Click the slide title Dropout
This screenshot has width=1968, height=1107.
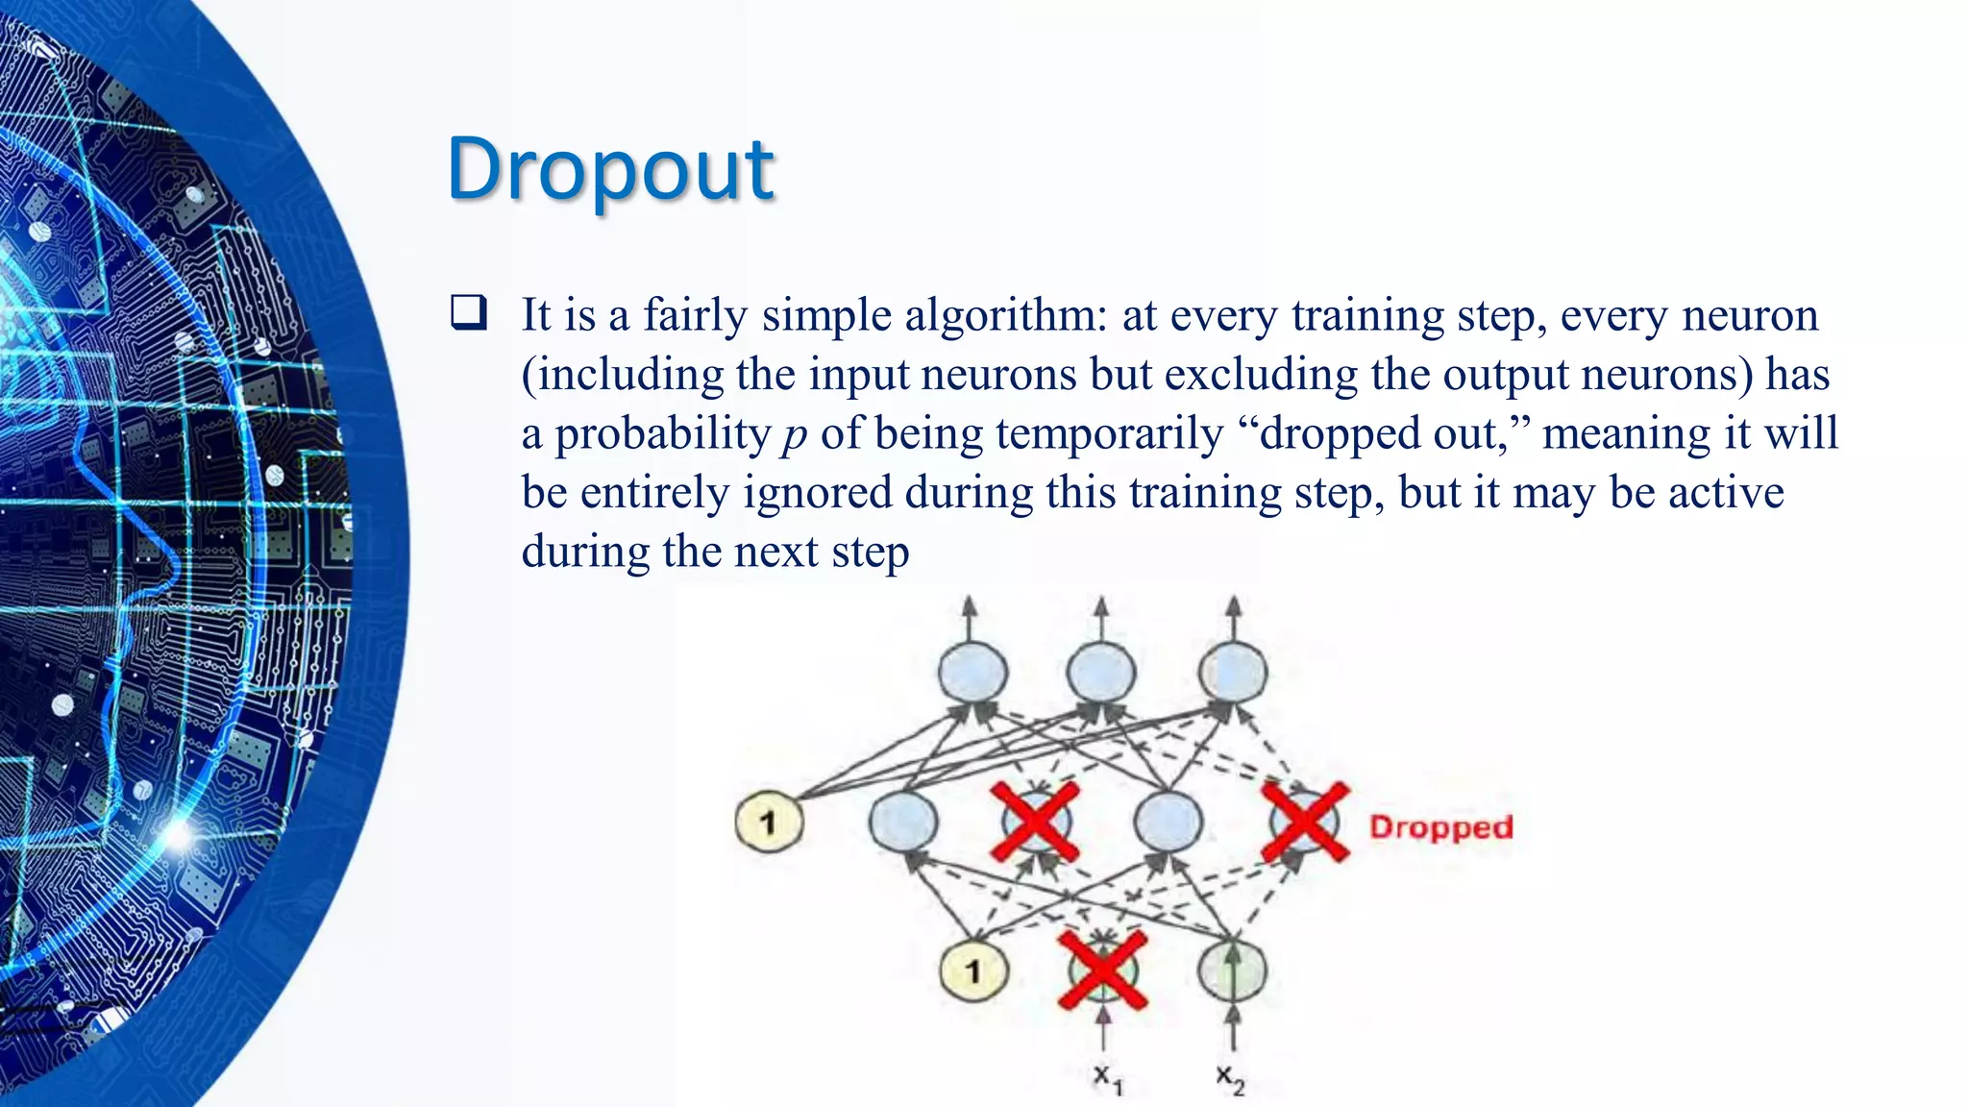point(610,169)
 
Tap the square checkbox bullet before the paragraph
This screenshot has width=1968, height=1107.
point(469,313)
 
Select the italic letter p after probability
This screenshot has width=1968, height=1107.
point(794,434)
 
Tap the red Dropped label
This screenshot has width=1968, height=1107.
point(1440,827)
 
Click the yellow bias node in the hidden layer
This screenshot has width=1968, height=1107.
point(768,823)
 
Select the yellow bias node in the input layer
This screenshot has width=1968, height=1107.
point(972,971)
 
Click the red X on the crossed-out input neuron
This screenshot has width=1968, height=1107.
point(1102,970)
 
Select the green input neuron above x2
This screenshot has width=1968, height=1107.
point(1232,970)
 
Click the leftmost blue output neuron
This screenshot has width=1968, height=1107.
point(972,672)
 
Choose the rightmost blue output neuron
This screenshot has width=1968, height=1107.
point(1232,672)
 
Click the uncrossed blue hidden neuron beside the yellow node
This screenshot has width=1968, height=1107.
point(902,823)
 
